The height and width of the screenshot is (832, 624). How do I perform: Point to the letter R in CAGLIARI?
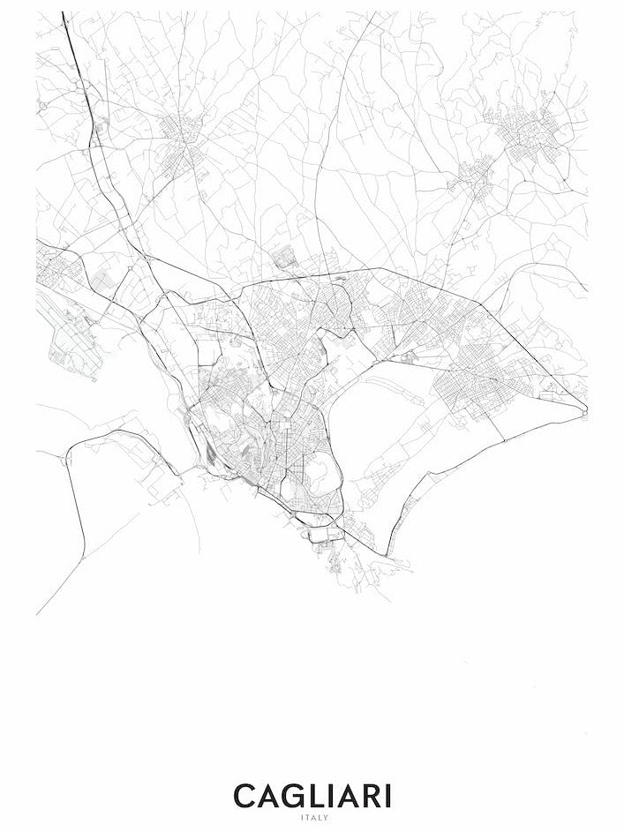pos(373,796)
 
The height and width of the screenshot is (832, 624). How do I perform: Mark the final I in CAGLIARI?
pos(389,796)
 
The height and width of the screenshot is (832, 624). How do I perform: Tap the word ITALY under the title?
pos(312,818)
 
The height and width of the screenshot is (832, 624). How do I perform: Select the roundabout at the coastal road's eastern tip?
pos(583,409)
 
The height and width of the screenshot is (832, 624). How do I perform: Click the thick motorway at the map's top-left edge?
pos(71,53)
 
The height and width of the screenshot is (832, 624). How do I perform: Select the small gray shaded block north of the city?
pos(284,258)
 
